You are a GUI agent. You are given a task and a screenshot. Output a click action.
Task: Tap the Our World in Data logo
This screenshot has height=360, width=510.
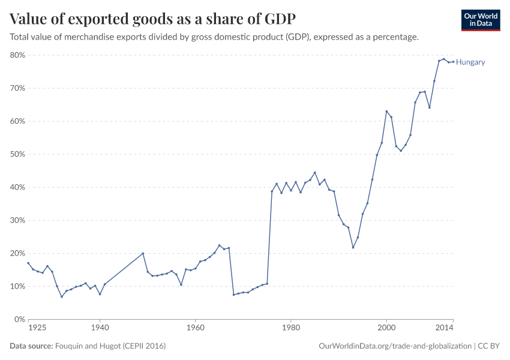pyautogui.click(x=480, y=20)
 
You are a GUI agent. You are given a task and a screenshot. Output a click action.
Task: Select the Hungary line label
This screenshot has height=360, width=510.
pyautogui.click(x=470, y=62)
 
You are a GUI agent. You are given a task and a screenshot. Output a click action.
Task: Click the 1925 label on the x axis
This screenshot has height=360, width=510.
pyautogui.click(x=37, y=328)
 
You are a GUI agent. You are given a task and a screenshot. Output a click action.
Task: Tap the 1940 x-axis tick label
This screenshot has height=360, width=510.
pyautogui.click(x=100, y=328)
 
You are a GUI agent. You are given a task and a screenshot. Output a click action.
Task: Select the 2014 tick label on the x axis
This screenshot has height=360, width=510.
pyautogui.click(x=445, y=328)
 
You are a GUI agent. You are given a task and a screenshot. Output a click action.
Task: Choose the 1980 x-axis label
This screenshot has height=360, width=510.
pyautogui.click(x=291, y=328)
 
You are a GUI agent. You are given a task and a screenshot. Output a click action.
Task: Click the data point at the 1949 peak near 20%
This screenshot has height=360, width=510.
pyautogui.click(x=143, y=253)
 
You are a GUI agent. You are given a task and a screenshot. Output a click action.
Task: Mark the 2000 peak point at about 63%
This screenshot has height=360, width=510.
pyautogui.click(x=386, y=111)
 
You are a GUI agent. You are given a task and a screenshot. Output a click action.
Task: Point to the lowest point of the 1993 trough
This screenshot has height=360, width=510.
pyautogui.click(x=353, y=247)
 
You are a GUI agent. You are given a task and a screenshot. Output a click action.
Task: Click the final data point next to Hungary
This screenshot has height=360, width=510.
pyautogui.click(x=453, y=62)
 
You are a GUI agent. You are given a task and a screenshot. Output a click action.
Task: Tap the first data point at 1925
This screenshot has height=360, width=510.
pyautogui.click(x=28, y=263)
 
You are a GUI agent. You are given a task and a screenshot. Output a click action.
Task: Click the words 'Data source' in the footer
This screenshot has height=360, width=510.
pyautogui.click(x=31, y=346)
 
